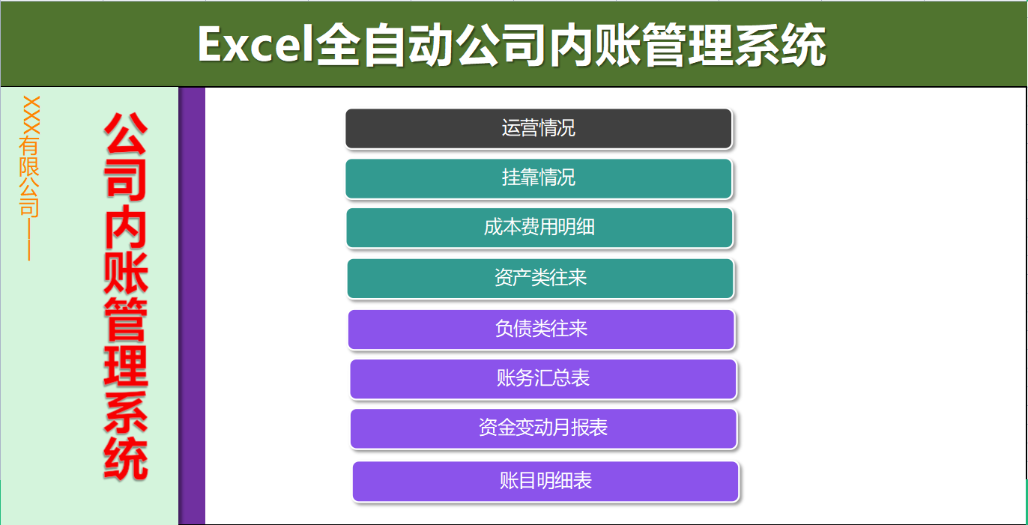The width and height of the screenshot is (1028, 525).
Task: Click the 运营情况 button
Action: (x=538, y=128)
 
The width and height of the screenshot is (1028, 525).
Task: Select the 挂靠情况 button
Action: (x=538, y=178)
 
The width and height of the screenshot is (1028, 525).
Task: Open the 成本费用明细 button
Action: (x=539, y=228)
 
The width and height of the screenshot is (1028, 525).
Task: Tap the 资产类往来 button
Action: (x=540, y=279)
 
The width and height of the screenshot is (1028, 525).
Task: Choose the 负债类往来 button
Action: (x=541, y=330)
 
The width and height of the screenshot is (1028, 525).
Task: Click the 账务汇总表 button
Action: (x=543, y=379)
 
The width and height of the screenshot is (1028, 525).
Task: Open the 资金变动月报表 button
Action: (x=543, y=428)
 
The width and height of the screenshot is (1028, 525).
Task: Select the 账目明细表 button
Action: (x=545, y=481)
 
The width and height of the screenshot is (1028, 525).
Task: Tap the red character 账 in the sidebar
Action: (x=126, y=273)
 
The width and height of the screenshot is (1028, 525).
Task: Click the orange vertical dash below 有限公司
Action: (x=29, y=240)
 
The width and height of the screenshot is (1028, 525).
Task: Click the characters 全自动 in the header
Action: (x=385, y=45)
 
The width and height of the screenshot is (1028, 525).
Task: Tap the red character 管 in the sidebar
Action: (x=126, y=319)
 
